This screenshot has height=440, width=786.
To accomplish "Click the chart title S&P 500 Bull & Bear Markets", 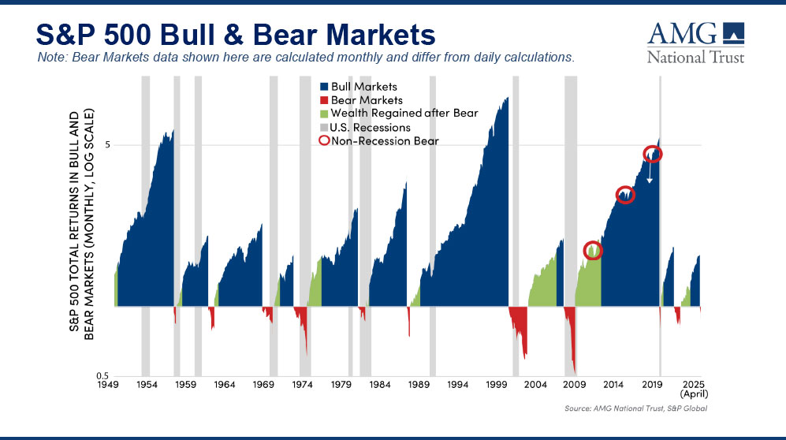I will pos(236,34).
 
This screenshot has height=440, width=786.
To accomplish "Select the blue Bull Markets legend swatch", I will pos(323,86).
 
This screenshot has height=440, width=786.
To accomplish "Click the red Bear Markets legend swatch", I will pos(323,100).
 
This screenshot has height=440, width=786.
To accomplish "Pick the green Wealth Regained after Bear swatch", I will pos(323,114).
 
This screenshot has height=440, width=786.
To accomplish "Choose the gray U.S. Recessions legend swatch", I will pos(323,127).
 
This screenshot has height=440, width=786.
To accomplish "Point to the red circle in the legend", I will pos(323,141).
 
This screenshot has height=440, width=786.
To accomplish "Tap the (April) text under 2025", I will pos(693,394).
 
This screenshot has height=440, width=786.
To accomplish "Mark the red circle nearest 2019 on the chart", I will pos(653,155).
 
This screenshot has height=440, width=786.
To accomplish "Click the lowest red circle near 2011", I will pos(593,251).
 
